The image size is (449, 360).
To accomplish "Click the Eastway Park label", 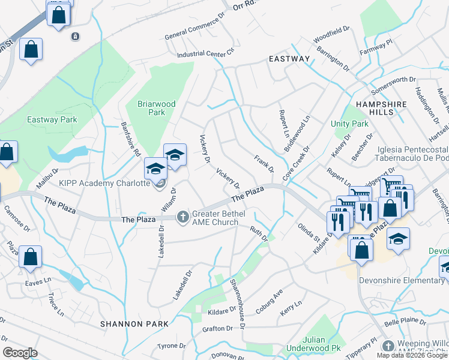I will click(x=52, y=119).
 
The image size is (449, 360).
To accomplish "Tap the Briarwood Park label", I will click(x=156, y=108).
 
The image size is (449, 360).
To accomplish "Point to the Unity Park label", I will click(x=349, y=124).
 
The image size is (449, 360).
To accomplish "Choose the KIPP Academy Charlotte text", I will click(x=104, y=183).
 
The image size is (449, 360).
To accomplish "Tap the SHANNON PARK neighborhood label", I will click(x=130, y=323).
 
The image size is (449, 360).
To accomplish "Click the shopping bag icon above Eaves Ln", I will click(x=30, y=257).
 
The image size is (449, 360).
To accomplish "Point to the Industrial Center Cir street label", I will click(x=205, y=55).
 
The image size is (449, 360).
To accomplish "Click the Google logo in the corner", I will click(x=20, y=353).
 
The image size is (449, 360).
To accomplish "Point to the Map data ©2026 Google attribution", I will click(x=412, y=355).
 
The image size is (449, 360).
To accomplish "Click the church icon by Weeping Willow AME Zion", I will click(x=388, y=346).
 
